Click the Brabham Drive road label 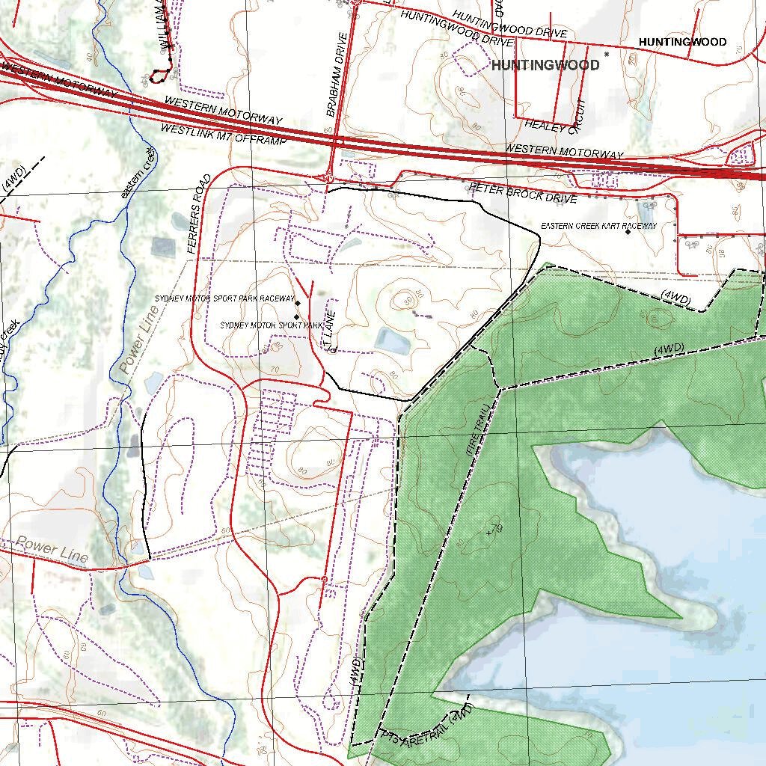(337, 75)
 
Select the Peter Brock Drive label (523, 192)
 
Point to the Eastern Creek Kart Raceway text (598, 225)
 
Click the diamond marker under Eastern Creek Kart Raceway (628, 232)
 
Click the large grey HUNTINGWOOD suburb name (545, 65)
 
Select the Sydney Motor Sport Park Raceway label (224, 298)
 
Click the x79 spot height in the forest (494, 530)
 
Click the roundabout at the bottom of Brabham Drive (328, 178)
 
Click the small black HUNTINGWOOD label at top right (681, 42)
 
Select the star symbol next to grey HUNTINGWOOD (607, 54)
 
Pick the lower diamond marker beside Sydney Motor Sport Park (296, 317)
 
